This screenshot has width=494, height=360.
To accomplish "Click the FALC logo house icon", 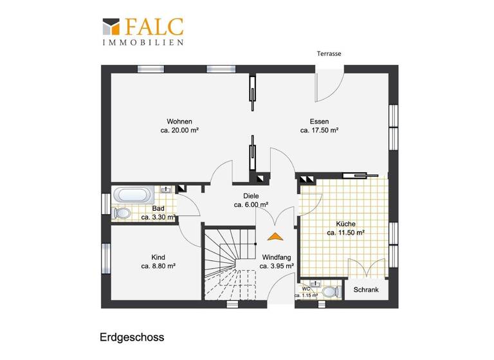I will (x=112, y=28).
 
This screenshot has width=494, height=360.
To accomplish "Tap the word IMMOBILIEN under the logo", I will (x=143, y=42).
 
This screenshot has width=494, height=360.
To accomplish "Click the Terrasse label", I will (x=329, y=54).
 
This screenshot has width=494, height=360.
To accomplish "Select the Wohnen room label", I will (x=179, y=121).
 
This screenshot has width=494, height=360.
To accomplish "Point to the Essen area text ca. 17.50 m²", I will (x=319, y=130).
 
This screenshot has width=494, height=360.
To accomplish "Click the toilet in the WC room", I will (x=330, y=291).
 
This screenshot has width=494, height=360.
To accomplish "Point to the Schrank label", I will (x=366, y=290).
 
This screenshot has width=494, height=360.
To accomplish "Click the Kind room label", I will (x=158, y=257).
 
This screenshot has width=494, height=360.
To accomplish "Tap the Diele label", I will (x=251, y=197).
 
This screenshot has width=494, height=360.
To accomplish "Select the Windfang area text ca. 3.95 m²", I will (x=277, y=265).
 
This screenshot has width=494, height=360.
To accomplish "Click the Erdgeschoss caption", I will (x=132, y=336).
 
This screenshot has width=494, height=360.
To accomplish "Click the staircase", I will (x=229, y=264).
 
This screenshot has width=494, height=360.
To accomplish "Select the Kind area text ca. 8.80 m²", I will (x=158, y=265).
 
